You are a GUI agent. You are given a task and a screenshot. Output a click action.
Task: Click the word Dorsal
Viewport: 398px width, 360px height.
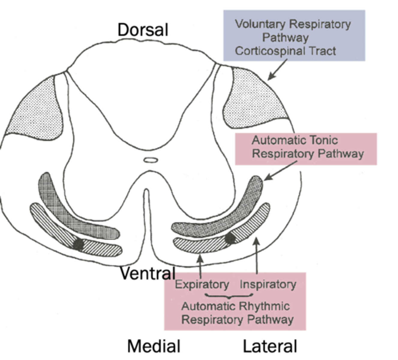[143, 30]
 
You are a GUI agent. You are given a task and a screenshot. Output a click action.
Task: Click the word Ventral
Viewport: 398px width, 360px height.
[148, 273]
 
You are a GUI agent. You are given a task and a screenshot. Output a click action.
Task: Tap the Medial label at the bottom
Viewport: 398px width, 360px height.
[154, 346]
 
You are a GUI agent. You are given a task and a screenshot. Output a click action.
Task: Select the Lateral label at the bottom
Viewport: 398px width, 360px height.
[270, 346]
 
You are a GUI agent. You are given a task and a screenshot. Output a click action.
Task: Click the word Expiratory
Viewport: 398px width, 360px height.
[202, 284]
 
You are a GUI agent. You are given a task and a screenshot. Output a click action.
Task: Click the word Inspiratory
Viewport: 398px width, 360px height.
[268, 284]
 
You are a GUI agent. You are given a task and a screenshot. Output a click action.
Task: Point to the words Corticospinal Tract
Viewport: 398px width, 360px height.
[285, 51]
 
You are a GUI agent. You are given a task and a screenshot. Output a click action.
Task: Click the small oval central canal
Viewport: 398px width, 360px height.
[150, 160]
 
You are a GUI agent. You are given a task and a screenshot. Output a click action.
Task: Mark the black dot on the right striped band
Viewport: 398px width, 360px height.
[230, 238]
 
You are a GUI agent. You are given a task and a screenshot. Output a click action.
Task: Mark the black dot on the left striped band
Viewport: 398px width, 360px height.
[78, 244]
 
